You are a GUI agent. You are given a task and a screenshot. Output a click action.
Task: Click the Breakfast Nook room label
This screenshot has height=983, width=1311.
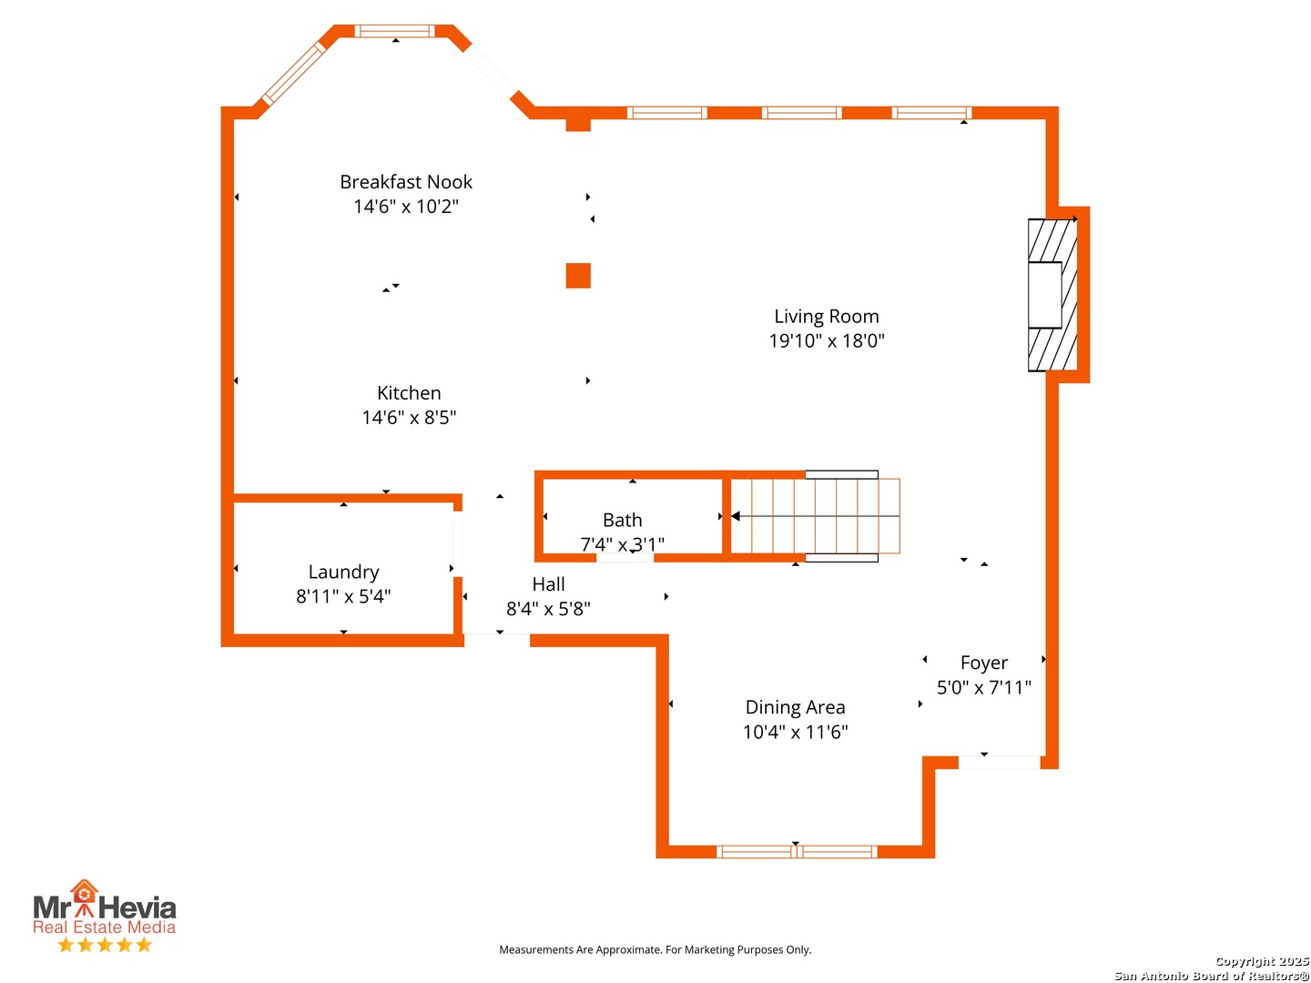pos(405,181)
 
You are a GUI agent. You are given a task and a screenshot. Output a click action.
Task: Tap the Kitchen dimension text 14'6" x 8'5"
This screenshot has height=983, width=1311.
pos(409,417)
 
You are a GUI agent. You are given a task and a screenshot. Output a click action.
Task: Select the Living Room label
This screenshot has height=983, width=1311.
pos(826,317)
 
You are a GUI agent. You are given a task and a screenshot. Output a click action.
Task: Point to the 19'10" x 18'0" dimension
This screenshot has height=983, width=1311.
pos(826,340)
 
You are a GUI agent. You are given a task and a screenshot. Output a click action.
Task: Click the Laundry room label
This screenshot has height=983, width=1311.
pos(343,572)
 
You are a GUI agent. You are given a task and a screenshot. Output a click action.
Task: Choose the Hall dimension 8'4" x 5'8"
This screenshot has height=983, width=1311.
pos(548,609)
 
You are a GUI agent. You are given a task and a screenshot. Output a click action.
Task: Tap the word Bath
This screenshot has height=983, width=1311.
pos(622,520)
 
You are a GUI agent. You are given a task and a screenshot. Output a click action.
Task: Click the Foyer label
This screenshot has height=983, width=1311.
pos(983,664)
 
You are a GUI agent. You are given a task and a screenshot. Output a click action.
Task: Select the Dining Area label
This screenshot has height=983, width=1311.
pos(795,707)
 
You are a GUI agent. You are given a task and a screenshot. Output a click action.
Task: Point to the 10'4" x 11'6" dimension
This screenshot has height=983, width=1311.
pos(795,732)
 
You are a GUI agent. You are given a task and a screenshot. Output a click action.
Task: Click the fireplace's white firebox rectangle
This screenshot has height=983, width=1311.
pos(1044,295)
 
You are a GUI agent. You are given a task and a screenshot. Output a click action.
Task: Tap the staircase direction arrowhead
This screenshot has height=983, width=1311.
pos(736,516)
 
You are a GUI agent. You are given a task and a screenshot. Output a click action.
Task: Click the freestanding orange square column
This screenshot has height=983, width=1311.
pos(577,275)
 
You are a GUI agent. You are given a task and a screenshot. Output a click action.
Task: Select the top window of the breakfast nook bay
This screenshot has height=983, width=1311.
pos(394,31)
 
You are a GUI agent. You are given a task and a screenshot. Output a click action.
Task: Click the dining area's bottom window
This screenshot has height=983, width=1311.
pos(796,851)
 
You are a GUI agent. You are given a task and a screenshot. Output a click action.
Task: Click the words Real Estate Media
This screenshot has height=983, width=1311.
pos(104,927)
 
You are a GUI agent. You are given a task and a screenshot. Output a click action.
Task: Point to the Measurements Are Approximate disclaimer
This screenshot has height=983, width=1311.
pos(655,949)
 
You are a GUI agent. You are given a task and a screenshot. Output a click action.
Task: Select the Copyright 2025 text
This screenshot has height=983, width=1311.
pos(1262,961)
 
